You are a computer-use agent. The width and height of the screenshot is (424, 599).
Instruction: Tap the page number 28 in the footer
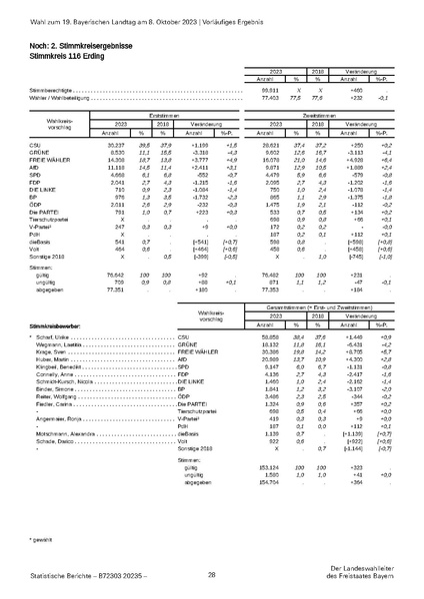212,574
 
